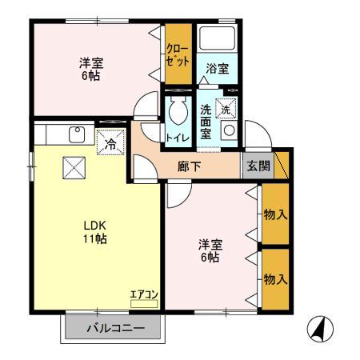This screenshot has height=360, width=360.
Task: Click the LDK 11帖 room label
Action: (x=94, y=232)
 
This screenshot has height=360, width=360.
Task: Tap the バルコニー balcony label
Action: (x=114, y=328)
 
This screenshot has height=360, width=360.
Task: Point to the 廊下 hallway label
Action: (x=190, y=166)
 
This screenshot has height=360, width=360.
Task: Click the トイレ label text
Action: (x=177, y=137)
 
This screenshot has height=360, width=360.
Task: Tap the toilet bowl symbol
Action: (x=177, y=114)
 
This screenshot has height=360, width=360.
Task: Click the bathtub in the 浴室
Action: (x=216, y=39)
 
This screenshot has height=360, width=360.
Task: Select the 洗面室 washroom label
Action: (x=206, y=121)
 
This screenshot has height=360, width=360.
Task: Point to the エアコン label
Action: (x=145, y=295)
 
